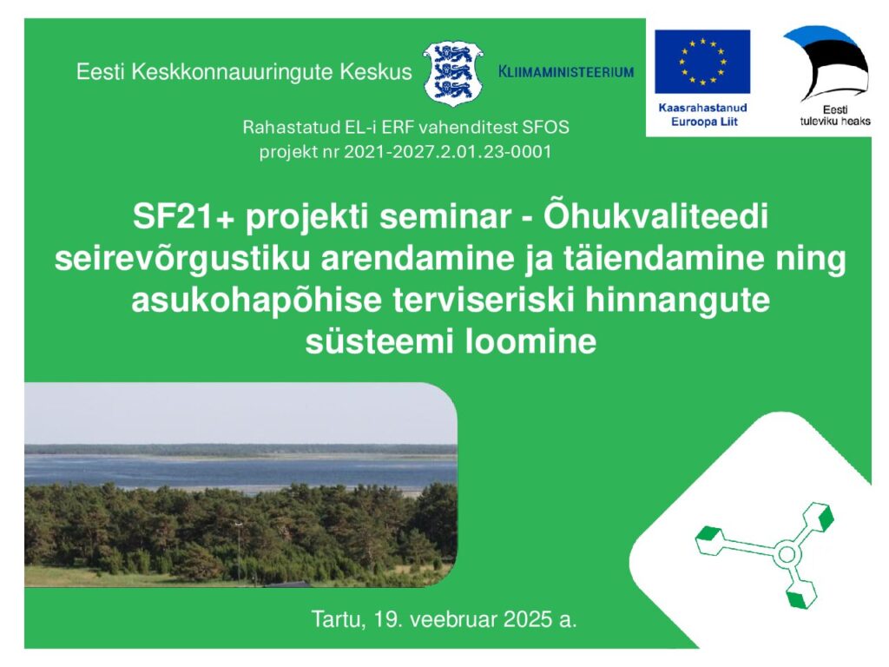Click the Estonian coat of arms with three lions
coord(453,73)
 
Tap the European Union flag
coord(701,62)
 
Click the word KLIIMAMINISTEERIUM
coord(566,72)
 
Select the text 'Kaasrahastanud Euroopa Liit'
coord(703,115)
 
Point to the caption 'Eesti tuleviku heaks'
coord(835,116)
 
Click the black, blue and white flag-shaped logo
coord(826,63)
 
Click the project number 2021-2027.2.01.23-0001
coord(447,152)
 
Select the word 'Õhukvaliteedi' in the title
coord(656,216)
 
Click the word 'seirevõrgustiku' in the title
coord(182,259)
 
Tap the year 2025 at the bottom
coord(527,619)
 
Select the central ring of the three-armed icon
coord(787,554)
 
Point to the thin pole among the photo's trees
coord(239,553)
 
